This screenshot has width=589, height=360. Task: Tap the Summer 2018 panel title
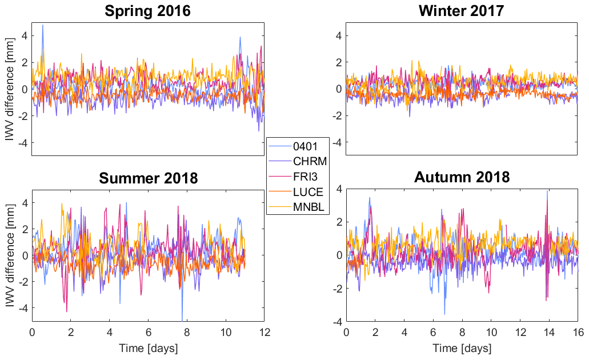coord(148,178)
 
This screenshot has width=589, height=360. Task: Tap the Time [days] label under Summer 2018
coord(148,347)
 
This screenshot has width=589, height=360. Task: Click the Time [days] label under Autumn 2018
coord(462,347)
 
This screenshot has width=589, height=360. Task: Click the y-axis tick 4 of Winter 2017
coord(338,35)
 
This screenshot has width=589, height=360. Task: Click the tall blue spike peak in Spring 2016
coord(42,25)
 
